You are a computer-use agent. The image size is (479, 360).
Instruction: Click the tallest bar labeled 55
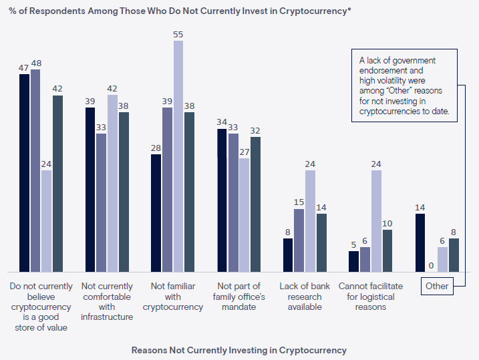pyautogui.click(x=178, y=156)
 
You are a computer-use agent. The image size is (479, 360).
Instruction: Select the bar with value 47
pyautogui.click(x=24, y=173)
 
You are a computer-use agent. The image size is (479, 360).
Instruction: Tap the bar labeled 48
pyautogui.click(x=35, y=170)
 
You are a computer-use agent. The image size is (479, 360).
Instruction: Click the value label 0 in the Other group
pyautogui.click(x=431, y=265)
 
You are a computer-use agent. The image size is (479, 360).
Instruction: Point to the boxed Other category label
pyautogui.click(x=437, y=287)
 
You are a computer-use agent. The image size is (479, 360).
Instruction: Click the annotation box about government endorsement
pyautogui.click(x=404, y=85)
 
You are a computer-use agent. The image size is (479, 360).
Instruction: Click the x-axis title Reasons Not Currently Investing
pyautogui.click(x=239, y=350)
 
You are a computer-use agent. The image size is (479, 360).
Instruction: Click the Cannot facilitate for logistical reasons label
pyautogui.click(x=371, y=297)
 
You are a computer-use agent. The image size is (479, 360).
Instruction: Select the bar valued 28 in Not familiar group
pyautogui.click(x=156, y=213)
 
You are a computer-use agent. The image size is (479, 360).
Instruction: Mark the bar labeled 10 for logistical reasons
pyautogui.click(x=387, y=251)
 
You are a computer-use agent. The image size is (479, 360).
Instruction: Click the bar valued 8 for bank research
pyautogui.click(x=288, y=255)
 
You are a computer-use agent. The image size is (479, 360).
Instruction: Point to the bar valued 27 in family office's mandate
pyautogui.click(x=244, y=215)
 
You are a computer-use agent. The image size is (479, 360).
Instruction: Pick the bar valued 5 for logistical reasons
pyautogui.click(x=354, y=261)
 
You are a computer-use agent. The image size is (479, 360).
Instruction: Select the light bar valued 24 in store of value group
pyautogui.click(x=46, y=221)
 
